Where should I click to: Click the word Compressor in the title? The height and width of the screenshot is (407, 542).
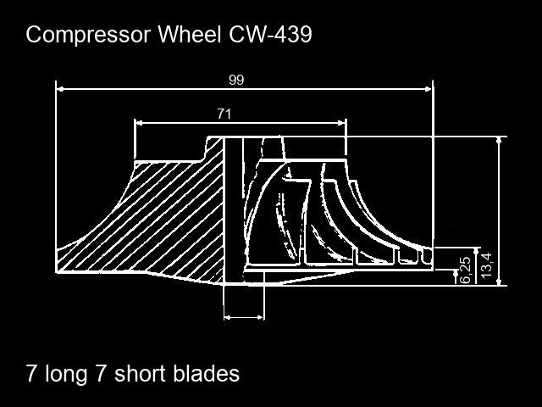pos(88,35)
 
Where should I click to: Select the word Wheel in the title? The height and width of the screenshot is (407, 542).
pos(190,34)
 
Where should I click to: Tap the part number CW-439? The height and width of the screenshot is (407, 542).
pos(271,34)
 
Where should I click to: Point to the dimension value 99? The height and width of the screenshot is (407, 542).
pos(236,80)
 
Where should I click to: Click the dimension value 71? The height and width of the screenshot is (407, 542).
pos(224,114)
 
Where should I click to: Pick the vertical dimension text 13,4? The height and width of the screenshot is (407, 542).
pos(486,265)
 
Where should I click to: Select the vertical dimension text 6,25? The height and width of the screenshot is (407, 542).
pos(466,270)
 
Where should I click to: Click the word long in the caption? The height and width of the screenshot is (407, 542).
pos(66,375)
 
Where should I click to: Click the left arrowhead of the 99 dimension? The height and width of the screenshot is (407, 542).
pos(60,89)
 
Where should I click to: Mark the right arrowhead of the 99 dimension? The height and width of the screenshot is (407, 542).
pos(429,89)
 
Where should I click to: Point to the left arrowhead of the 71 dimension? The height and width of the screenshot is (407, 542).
pos(138,122)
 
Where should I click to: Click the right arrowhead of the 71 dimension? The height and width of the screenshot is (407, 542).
pos(341,122)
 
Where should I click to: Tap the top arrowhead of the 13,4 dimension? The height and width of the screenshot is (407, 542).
pos(499,140)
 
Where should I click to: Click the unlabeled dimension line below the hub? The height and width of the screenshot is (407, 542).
pos(244,317)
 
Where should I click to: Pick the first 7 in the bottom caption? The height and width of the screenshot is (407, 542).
pos(31,373)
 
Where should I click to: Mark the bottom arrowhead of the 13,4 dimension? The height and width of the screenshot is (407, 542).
pos(499,282)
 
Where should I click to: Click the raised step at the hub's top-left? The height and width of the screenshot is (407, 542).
pos(212,148)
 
